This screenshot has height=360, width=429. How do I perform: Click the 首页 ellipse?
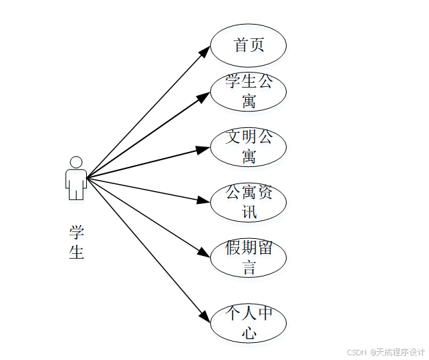248,45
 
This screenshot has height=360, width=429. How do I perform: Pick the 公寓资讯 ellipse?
248,203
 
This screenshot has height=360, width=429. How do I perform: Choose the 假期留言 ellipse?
248,258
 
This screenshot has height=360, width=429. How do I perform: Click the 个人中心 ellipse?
248,324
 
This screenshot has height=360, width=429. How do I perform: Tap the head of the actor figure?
76,162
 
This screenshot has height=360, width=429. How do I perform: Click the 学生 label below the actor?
76,242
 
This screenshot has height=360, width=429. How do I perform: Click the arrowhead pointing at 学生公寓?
204,97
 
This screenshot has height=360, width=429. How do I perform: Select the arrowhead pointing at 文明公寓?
204,149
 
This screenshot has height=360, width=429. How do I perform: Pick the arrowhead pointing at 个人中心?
205,318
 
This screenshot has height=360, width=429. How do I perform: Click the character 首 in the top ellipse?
240,45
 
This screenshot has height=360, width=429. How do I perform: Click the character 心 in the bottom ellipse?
248,333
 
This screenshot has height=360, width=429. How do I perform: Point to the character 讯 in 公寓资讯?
248,212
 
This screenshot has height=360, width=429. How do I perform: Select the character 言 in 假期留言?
248,268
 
